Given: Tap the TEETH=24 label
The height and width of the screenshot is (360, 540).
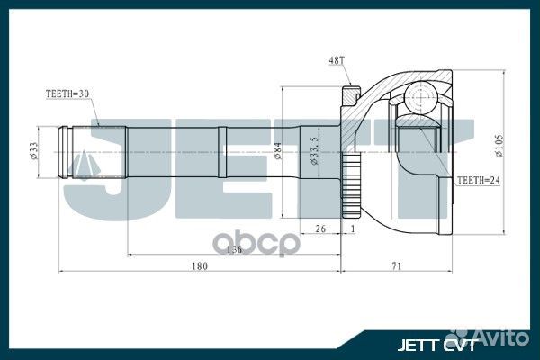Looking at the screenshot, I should point(478,181).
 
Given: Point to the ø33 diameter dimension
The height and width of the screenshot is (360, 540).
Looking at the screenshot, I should point(33,153).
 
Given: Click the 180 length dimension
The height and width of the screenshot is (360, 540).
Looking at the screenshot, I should point(200,265).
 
